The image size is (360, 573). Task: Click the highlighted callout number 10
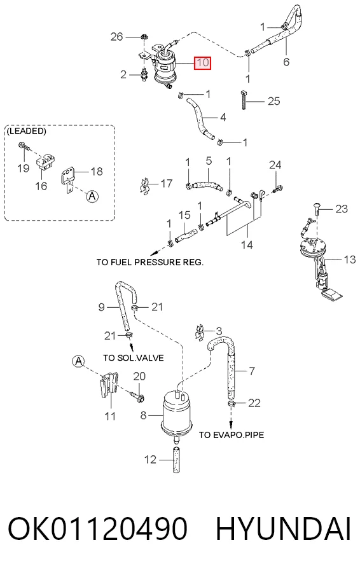pyautogui.click(x=203, y=62)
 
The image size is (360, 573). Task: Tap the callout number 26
pyautogui.click(x=117, y=36)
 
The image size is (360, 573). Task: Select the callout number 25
pyautogui.click(x=273, y=101)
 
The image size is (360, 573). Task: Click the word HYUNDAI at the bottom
pyautogui.click(x=283, y=528)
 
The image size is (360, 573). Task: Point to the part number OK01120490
pyautogui.click(x=98, y=528)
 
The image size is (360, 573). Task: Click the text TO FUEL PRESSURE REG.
pyautogui.click(x=150, y=262)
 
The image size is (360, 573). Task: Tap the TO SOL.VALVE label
pyautogui.click(x=133, y=358)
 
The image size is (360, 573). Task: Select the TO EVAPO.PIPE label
pyautogui.click(x=232, y=435)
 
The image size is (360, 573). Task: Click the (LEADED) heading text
pyautogui.click(x=26, y=131)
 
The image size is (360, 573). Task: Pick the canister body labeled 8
pyautogui.click(x=177, y=413)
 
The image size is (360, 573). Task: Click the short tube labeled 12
pyautogui.click(x=176, y=460)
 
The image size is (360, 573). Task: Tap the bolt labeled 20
pyautogui.click(x=137, y=395)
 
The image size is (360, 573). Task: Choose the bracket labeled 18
pyautogui.click(x=68, y=180)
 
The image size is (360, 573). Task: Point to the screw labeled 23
pyautogui.click(x=317, y=208)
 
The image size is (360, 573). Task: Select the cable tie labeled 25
pyautogui.click(x=244, y=99)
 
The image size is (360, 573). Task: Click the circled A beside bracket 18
pyautogui.click(x=92, y=197)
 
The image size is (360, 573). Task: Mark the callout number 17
pyautogui.click(x=167, y=183)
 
